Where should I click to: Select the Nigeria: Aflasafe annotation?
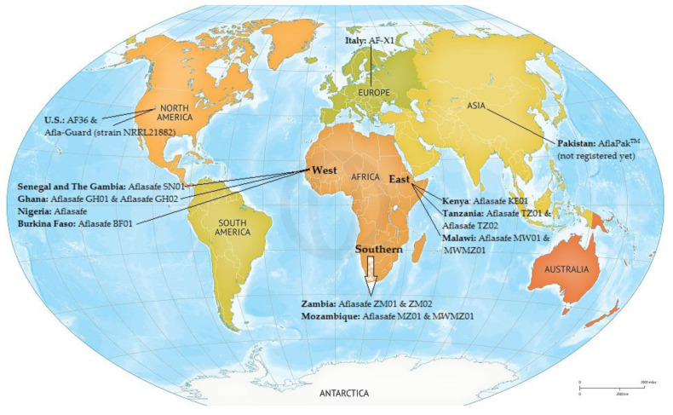(55, 210)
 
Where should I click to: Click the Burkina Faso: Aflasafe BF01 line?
(82, 222)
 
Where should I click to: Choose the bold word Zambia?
(320, 303)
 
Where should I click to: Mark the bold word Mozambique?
(331, 316)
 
